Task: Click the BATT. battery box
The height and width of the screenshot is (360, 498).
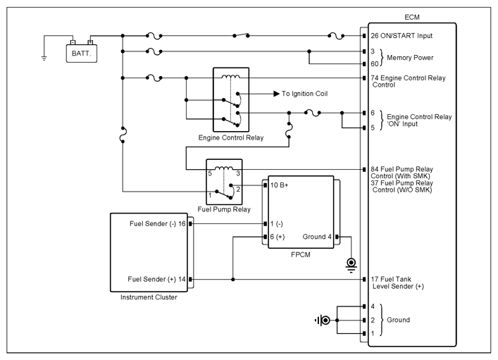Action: coord(81,54)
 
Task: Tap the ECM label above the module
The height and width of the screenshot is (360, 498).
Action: coord(412,17)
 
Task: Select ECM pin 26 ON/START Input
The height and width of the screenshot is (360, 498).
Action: coord(401,36)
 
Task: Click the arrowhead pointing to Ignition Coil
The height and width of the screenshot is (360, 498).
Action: coord(277,94)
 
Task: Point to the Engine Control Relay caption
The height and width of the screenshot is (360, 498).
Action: coord(231,137)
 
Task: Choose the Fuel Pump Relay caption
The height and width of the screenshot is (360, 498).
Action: coord(224,209)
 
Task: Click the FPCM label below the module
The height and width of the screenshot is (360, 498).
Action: coord(301,254)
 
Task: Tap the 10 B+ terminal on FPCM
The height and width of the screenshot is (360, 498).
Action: coord(279,185)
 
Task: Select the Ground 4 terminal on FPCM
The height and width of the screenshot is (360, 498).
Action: coord(317,237)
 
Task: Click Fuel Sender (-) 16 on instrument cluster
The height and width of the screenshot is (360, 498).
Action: coord(158,224)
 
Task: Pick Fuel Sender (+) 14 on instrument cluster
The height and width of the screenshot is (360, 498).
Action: coord(156,279)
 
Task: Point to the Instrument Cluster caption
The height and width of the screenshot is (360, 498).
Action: coord(149,297)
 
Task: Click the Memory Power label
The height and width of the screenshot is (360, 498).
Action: coord(410,58)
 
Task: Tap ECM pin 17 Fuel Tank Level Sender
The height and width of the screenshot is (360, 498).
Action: coord(397,283)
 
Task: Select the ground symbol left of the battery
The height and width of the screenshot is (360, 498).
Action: coord(44,58)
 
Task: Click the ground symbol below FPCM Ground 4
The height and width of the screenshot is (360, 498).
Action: coord(351,266)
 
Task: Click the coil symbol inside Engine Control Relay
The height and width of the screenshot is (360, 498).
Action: coord(231,76)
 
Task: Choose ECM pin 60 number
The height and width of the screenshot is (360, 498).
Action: coord(375,64)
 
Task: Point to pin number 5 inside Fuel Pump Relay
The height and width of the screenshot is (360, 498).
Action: coord(210,173)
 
